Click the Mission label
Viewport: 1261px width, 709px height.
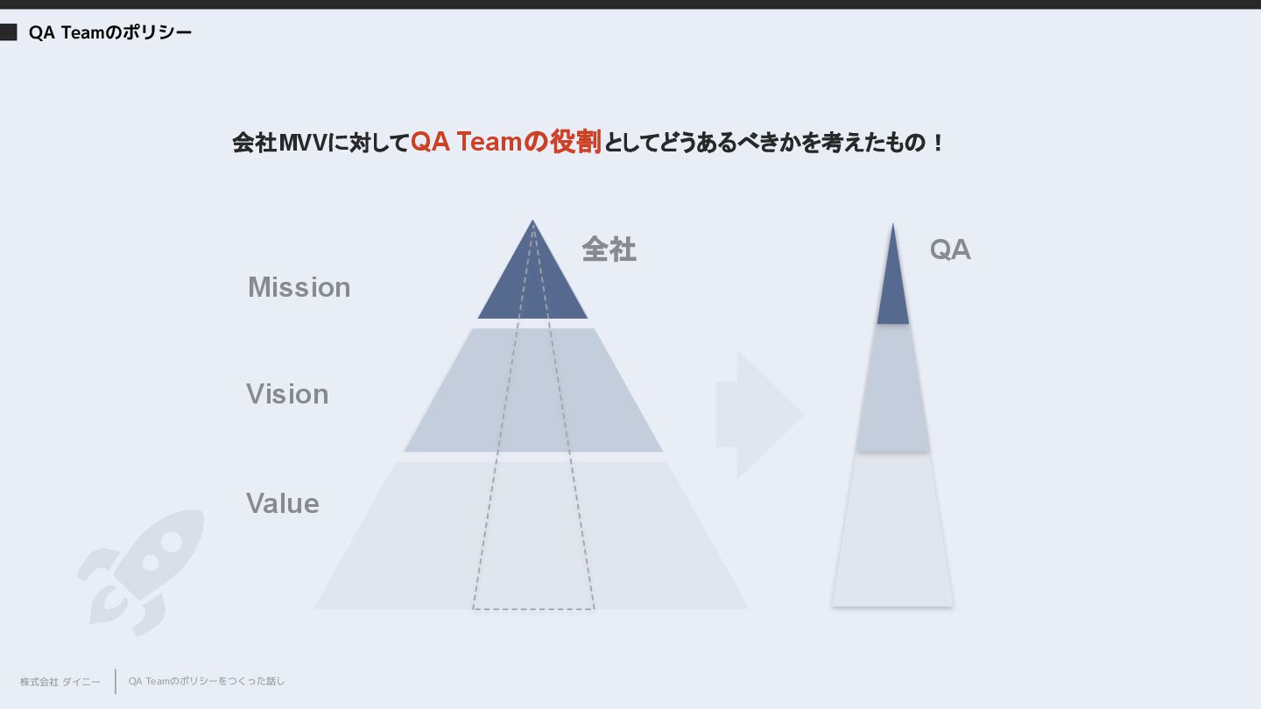click(299, 287)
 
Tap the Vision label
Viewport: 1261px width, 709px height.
click(287, 394)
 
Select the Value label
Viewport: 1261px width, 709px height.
click(282, 503)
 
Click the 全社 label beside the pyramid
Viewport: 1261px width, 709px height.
click(609, 249)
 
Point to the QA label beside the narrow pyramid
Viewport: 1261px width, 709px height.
click(950, 249)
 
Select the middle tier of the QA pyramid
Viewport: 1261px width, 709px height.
click(892, 390)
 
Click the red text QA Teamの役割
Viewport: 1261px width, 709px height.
click(505, 142)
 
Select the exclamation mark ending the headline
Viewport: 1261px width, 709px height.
click(939, 143)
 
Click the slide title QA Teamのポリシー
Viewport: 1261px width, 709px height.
click(109, 33)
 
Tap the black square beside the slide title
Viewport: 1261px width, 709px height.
click(8, 32)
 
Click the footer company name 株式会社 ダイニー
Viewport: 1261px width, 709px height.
click(60, 682)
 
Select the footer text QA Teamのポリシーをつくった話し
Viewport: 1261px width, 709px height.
click(207, 681)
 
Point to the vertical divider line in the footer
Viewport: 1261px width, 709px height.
click(116, 681)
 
